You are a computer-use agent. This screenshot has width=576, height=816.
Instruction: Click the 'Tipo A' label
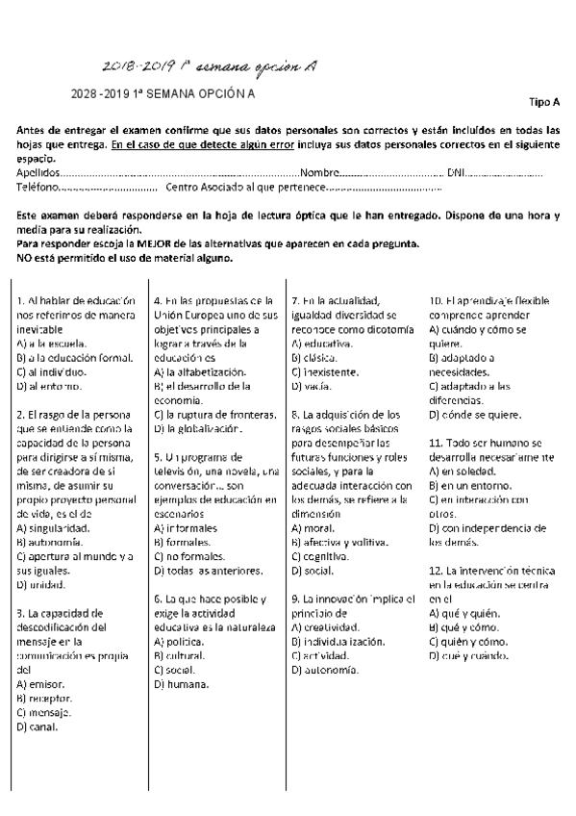544,101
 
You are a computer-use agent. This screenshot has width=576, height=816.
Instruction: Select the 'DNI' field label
484,172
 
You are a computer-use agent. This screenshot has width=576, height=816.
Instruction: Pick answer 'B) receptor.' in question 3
45,699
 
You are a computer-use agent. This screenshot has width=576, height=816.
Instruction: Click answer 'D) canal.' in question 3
38,727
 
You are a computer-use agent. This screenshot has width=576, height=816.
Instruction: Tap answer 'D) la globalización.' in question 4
194,428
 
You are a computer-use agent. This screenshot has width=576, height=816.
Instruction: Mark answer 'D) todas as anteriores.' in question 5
203,571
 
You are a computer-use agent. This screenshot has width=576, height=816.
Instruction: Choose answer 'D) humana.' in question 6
181,684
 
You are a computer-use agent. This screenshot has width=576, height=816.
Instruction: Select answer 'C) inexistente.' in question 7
326,370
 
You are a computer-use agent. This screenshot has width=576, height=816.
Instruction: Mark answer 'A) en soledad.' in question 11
462,472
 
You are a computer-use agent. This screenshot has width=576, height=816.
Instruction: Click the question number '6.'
158,598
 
